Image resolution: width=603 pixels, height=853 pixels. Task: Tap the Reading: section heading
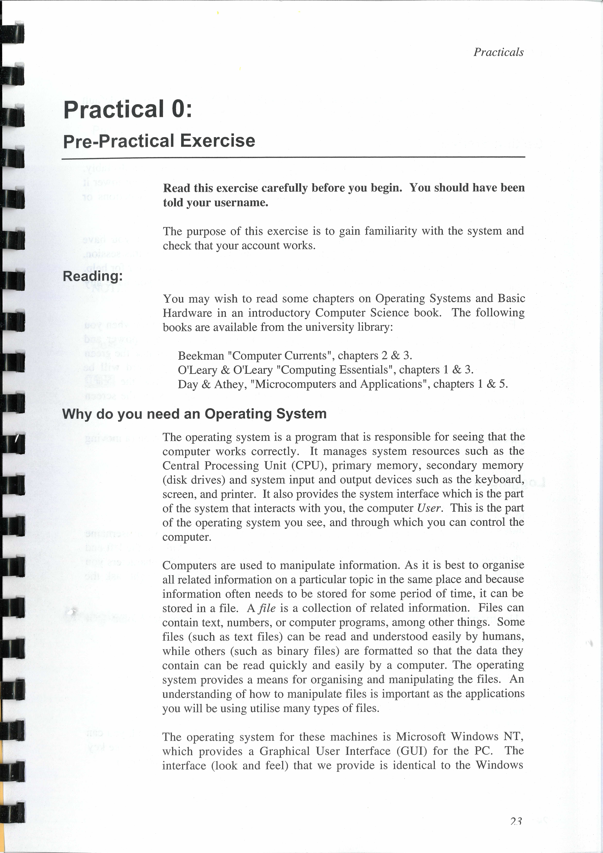click(x=92, y=276)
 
